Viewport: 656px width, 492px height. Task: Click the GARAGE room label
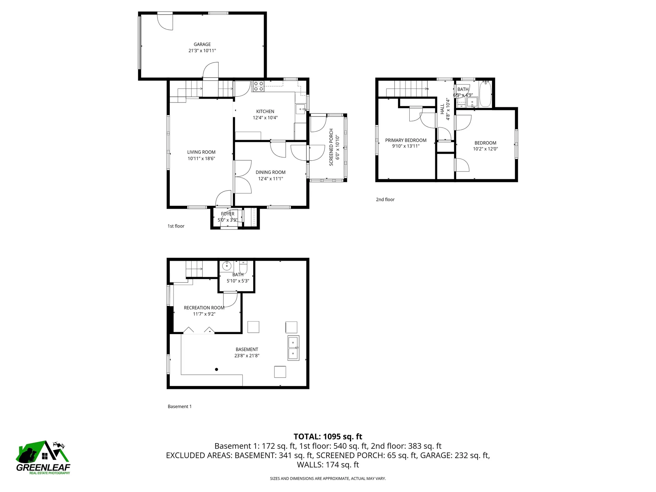click(x=202, y=44)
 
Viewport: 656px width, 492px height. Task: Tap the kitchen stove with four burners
click(x=258, y=86)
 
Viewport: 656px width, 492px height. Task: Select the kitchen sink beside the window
click(x=300, y=109)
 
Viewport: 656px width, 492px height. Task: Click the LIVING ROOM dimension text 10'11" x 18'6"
click(x=201, y=159)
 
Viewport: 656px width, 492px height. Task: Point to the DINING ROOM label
click(x=270, y=173)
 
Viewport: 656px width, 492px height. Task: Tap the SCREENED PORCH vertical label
click(x=331, y=147)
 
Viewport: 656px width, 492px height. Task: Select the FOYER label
click(x=228, y=214)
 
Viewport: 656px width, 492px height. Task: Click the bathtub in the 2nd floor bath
click(x=485, y=94)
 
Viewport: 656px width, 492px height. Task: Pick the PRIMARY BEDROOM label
click(x=406, y=140)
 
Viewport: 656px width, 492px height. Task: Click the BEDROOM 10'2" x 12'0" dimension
click(x=485, y=149)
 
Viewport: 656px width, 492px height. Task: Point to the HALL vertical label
click(x=442, y=109)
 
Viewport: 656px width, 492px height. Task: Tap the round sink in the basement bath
click(x=227, y=266)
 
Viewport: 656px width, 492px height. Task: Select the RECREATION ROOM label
click(x=204, y=308)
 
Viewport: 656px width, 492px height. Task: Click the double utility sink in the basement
click(x=293, y=348)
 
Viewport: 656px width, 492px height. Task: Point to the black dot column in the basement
click(x=216, y=369)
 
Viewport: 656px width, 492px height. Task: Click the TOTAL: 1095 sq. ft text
click(x=328, y=437)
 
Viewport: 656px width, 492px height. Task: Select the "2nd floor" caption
click(x=385, y=200)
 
